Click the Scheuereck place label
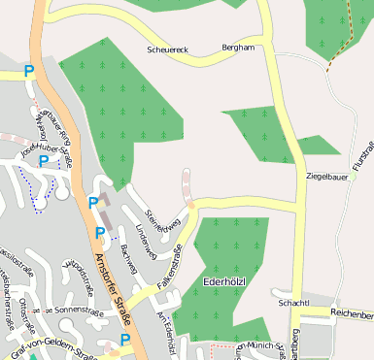pyautogui.click(x=166, y=48)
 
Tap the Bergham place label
pyautogui.click(x=238, y=47)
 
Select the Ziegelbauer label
pyautogui.click(x=326, y=177)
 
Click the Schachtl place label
pyautogui.click(x=293, y=303)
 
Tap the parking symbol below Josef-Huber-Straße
pyautogui.click(x=44, y=161)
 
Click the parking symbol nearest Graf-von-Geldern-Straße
pyautogui.click(x=125, y=339)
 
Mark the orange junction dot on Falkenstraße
pyautogui.click(x=192, y=205)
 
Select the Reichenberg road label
pyautogui.click(x=351, y=314)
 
